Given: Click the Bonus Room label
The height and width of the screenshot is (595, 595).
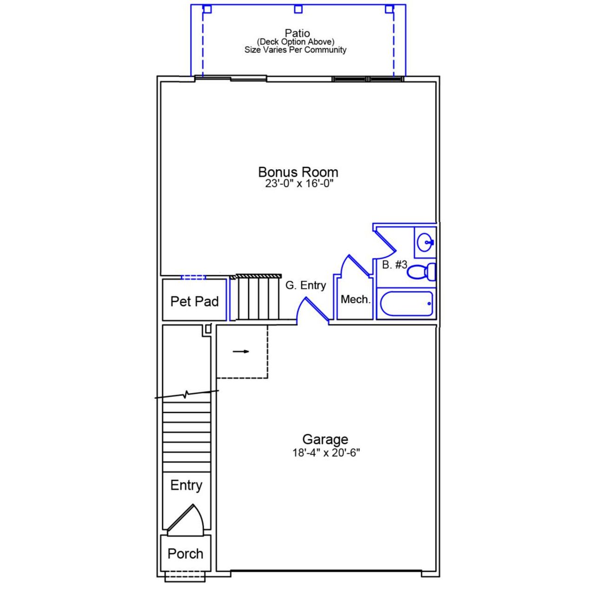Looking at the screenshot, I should point(298,172).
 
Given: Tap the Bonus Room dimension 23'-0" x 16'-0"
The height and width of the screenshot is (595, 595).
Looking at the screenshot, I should point(299,184).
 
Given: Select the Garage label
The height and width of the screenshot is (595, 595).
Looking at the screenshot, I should point(325,439).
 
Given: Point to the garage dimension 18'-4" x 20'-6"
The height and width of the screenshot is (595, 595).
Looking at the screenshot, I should point(326,453).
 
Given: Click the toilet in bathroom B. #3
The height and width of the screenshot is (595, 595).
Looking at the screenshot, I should point(422,272).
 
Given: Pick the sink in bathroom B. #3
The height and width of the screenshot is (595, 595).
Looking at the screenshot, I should point(425,242).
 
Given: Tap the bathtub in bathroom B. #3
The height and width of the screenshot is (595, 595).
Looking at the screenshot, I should point(406,304).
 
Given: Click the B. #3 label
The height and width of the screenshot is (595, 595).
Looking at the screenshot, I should point(394,265).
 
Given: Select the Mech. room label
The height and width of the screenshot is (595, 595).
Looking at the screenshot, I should point(355,299).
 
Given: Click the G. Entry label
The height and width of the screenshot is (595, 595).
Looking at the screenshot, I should point(305,285).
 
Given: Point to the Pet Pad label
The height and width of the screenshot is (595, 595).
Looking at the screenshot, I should point(194,301).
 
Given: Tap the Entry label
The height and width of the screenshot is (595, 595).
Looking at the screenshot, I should point(186,485).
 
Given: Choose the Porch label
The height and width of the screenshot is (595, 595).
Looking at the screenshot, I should point(185,554).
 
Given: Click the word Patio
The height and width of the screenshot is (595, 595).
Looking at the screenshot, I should point(297,33).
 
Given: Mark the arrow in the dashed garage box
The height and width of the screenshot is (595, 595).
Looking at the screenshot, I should point(241,351).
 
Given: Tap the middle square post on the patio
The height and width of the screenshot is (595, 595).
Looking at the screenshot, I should point(298,9).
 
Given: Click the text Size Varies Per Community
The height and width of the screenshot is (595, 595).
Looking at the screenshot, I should point(295,50).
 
